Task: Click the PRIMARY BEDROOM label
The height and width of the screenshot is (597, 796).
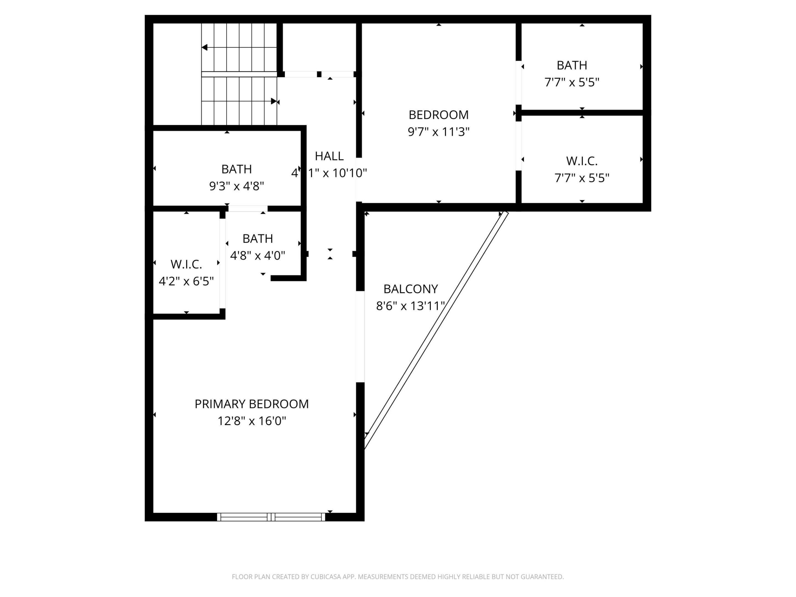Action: [252, 404]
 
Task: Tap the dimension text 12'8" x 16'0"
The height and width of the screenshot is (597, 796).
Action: [252, 421]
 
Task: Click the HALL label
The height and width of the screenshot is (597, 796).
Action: [329, 156]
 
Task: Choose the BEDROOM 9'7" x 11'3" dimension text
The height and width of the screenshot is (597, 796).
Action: [438, 132]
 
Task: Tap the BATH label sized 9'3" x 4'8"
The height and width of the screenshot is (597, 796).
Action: [236, 169]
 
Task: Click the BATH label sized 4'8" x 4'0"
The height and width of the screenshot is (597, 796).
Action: [258, 239]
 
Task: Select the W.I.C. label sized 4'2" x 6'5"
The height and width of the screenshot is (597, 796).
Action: [186, 264]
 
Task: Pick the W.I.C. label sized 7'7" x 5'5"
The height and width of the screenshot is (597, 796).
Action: [582, 161]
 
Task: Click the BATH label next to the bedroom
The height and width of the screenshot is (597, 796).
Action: [572, 65]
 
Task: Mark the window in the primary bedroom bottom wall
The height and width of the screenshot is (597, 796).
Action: [271, 517]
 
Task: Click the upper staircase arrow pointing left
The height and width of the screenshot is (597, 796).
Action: [205, 48]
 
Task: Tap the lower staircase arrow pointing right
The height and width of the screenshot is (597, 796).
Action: [274, 101]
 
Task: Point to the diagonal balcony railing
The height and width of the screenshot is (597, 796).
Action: [436, 330]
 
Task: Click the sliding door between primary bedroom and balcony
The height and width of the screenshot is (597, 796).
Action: [360, 336]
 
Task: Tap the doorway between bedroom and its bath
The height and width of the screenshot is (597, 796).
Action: [519, 83]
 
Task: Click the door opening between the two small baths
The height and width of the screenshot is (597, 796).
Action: [248, 208]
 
